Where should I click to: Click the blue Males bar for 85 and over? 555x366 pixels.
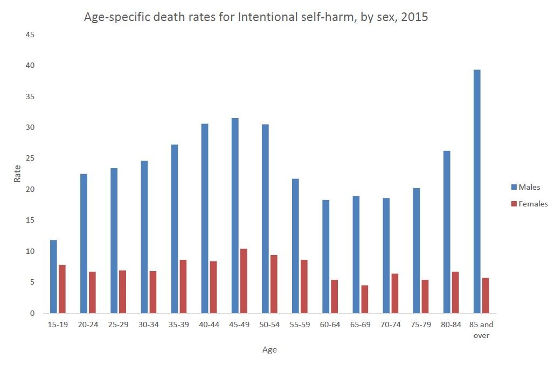[477, 191]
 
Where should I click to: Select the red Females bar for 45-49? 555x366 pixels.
[244, 281]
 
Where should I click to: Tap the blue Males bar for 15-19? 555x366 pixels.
[53, 277]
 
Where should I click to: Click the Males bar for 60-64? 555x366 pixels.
[326, 257]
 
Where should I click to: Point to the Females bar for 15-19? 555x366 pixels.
[62, 289]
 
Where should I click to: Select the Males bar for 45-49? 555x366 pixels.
[235, 216]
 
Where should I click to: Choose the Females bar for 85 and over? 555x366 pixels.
[485, 295]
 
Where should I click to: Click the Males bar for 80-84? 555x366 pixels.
[447, 232]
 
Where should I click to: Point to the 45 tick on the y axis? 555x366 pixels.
[30, 35]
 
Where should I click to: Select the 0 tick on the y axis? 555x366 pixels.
[32, 313]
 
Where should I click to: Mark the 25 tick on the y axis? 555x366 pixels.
[30, 158]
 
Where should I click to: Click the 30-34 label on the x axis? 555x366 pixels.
[149, 325]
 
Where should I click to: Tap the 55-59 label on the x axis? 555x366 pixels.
[300, 325]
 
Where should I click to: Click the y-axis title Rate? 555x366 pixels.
[17, 173]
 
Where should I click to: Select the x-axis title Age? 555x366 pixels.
[269, 350]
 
